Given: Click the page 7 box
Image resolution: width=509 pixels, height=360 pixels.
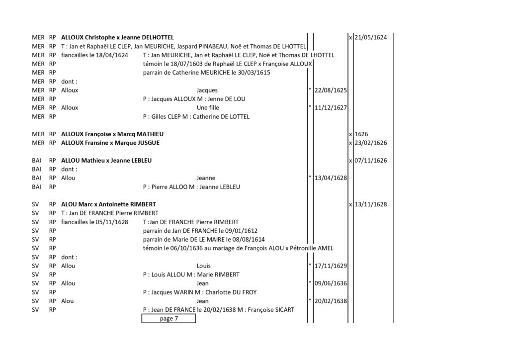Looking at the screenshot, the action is point(169,318).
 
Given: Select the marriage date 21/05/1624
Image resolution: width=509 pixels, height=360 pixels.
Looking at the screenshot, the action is point(371,37).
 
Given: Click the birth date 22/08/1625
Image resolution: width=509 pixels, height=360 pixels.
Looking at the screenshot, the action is point(331,90).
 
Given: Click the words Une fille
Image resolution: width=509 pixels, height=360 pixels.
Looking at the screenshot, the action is point(208,108).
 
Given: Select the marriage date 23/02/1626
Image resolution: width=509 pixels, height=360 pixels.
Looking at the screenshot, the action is point(371,143).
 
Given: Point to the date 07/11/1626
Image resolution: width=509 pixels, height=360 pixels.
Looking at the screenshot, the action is point(371,161).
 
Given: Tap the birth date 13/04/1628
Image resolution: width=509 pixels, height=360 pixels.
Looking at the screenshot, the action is point(331,178).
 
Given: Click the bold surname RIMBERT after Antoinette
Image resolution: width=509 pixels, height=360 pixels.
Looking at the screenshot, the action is point(143,204).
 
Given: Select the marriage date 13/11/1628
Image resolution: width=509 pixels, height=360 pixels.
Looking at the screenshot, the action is point(371,204).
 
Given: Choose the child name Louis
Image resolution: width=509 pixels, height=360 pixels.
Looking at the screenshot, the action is point(203,266).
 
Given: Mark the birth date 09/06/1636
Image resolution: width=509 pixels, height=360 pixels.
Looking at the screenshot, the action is point(331,283).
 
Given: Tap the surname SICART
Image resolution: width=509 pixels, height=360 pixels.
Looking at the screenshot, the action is point(284,310).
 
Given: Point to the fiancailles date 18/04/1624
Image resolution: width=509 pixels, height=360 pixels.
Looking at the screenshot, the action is point(112,55).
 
